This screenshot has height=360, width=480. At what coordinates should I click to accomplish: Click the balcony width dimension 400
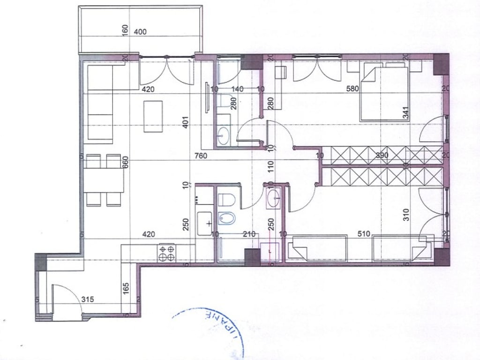pos(140,32)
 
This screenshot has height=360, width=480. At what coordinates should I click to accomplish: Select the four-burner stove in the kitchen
pos(167,253)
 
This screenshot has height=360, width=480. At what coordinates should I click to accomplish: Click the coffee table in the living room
pos(153,116)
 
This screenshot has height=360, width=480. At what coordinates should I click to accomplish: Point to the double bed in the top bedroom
pos(384,93)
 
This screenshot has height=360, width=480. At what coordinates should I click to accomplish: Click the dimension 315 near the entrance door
pos(88,299)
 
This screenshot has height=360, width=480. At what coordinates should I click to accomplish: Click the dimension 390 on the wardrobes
pos(382,155)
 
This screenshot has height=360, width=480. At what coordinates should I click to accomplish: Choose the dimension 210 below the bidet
pos(249,233)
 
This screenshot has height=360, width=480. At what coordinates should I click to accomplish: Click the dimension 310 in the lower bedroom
pos(405,214)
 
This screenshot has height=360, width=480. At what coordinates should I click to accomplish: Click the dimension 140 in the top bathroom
pos(238,89)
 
